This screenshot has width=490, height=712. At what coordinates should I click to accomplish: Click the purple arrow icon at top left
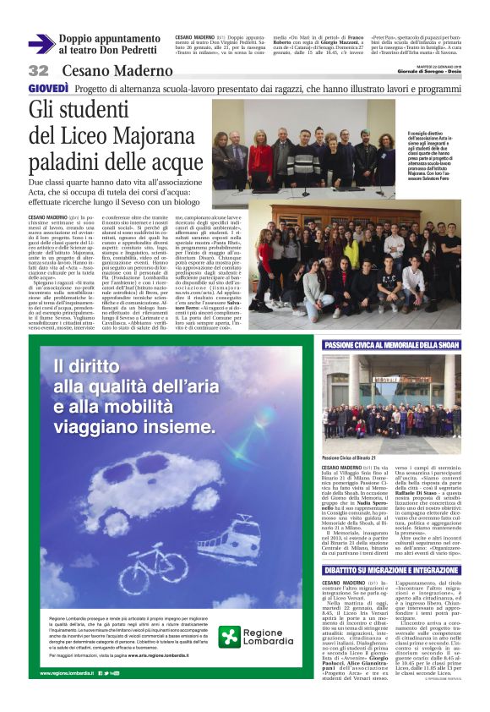[41, 44]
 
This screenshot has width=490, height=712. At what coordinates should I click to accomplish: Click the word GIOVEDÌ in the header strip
[49, 89]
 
